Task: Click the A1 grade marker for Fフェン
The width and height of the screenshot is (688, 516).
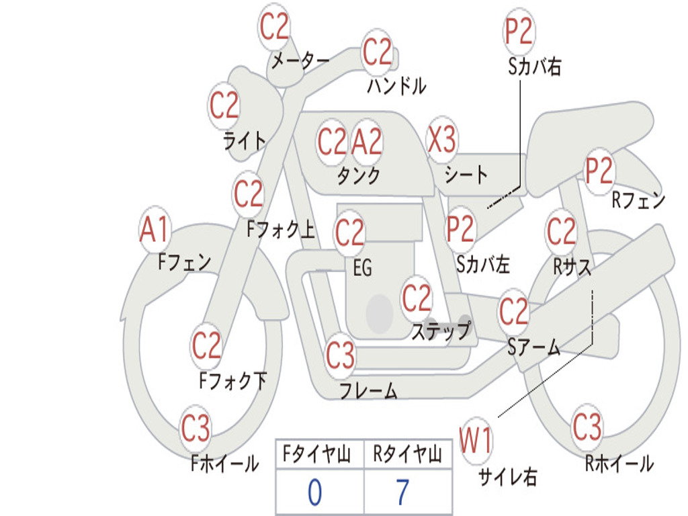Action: (155, 230)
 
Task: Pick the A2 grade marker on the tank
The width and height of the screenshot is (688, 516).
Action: (367, 142)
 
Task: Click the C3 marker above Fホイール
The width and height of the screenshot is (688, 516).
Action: (196, 429)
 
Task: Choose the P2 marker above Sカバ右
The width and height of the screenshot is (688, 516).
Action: (519, 32)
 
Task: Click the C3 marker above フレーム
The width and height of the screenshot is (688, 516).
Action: (341, 355)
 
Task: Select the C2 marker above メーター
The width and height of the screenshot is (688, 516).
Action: (274, 27)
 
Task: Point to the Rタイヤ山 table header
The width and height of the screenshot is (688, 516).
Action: (407, 456)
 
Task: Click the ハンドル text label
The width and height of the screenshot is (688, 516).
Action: (396, 86)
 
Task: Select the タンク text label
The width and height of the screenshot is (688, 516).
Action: (358, 176)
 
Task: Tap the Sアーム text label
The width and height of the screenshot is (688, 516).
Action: (533, 347)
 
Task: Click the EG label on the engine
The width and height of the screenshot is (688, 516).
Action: (362, 268)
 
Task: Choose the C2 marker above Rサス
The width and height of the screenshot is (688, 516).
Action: (561, 232)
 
